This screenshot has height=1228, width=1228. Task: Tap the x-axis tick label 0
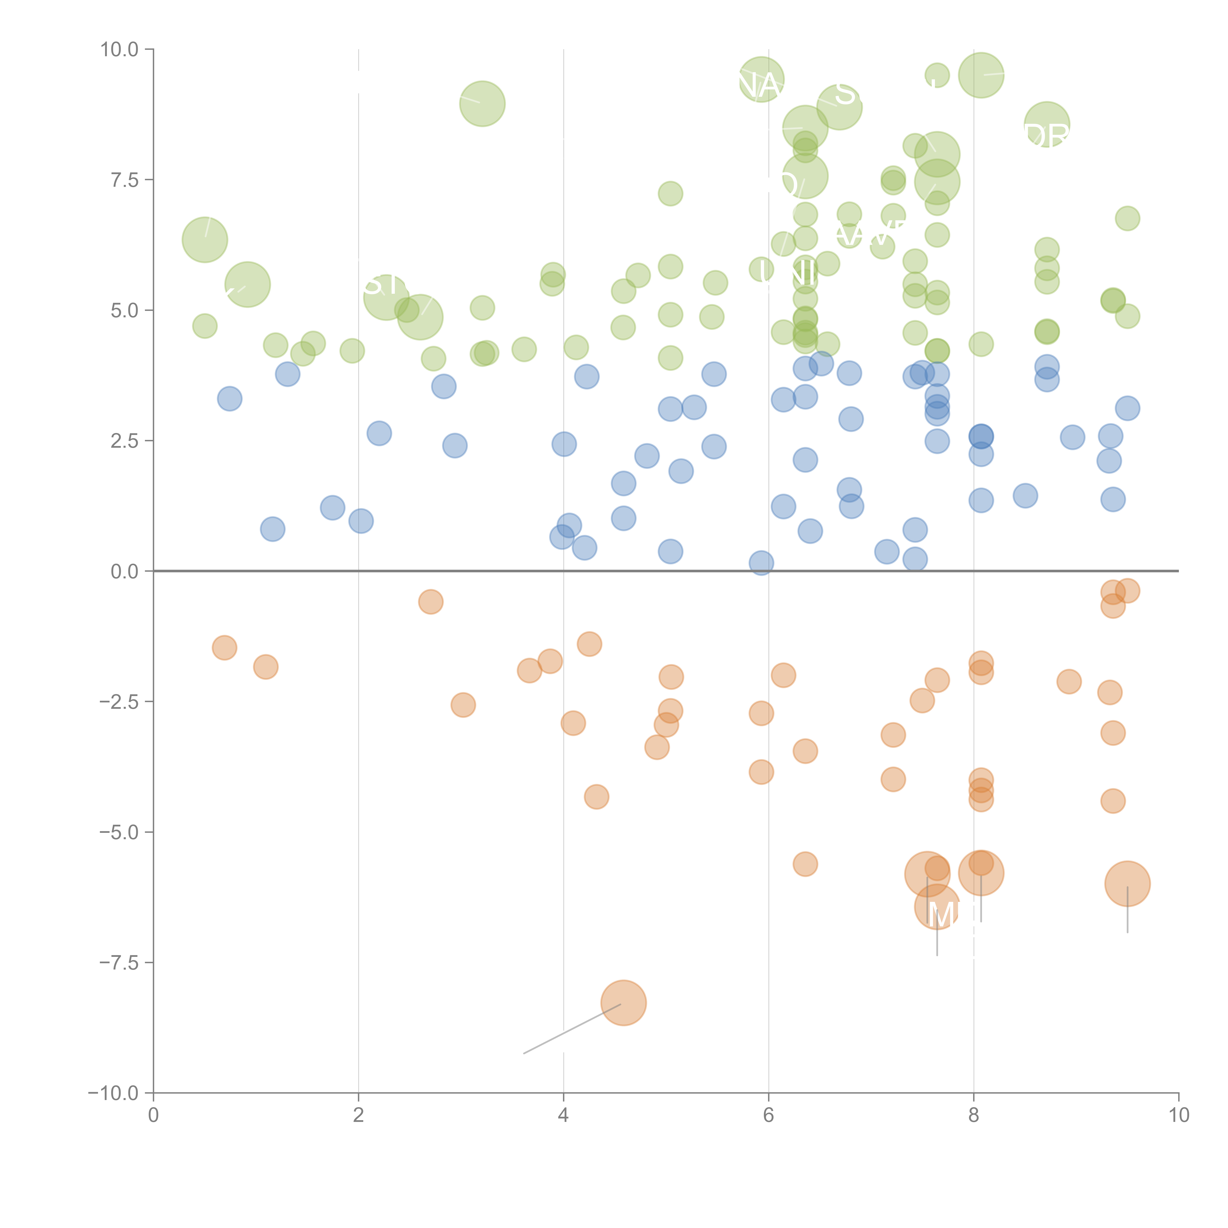point(153,1116)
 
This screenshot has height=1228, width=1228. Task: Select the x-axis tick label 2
point(359,1116)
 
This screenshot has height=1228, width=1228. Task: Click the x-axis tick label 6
point(768,1116)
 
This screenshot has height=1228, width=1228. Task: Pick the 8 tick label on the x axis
point(974,1116)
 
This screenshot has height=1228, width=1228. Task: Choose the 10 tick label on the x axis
point(1178,1116)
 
